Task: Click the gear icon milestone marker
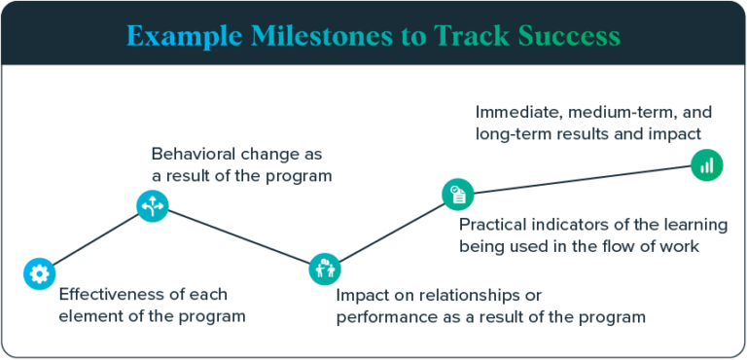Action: [x=39, y=273]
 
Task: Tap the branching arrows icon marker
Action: [x=153, y=204]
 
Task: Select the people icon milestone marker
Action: [x=324, y=269]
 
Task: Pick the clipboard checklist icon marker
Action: [x=457, y=194]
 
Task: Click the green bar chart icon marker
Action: [x=706, y=164]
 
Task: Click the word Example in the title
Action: [x=185, y=37]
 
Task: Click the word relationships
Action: [x=475, y=294]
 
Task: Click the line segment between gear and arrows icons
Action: [x=95, y=239]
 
